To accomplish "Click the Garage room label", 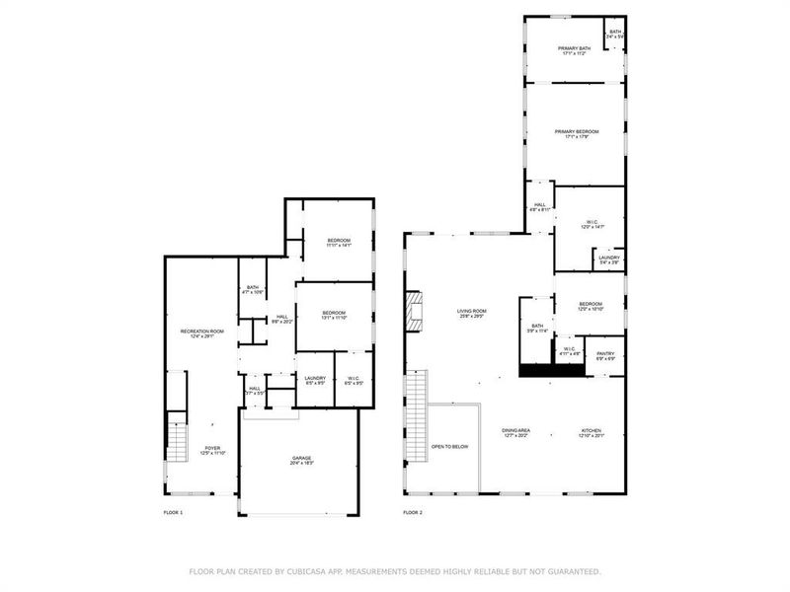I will click(301, 459).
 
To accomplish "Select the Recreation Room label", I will click(201, 333).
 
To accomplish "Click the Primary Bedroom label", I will click(577, 133).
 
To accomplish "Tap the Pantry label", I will click(605, 354).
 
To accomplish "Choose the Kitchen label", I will click(591, 431).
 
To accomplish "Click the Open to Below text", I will click(450, 447).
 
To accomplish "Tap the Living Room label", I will click(471, 312).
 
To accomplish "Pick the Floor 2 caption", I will click(413, 513).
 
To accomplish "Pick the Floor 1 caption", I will click(173, 513).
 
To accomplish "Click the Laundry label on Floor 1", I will click(315, 379).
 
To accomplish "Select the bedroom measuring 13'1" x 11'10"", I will click(335, 316).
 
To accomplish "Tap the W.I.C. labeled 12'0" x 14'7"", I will click(591, 224).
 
